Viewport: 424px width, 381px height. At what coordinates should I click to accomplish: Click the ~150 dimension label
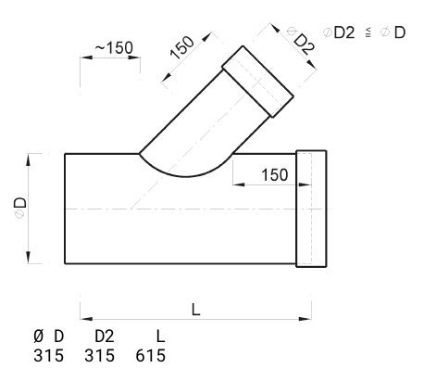tap(114, 48)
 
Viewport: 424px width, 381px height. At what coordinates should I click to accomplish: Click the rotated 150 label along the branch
tap(182, 47)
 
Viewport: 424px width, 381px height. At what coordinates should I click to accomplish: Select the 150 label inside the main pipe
tap(275, 175)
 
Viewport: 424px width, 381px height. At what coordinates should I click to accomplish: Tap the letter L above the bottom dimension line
tap(196, 310)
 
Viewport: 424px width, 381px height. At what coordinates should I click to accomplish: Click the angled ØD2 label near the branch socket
tap(301, 41)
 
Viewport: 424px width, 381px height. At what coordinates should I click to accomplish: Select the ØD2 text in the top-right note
tap(339, 32)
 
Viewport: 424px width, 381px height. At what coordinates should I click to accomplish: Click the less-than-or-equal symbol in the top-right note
tap(368, 32)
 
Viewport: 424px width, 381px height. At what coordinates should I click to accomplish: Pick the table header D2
tap(105, 337)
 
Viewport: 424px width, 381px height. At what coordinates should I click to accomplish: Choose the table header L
tap(160, 337)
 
